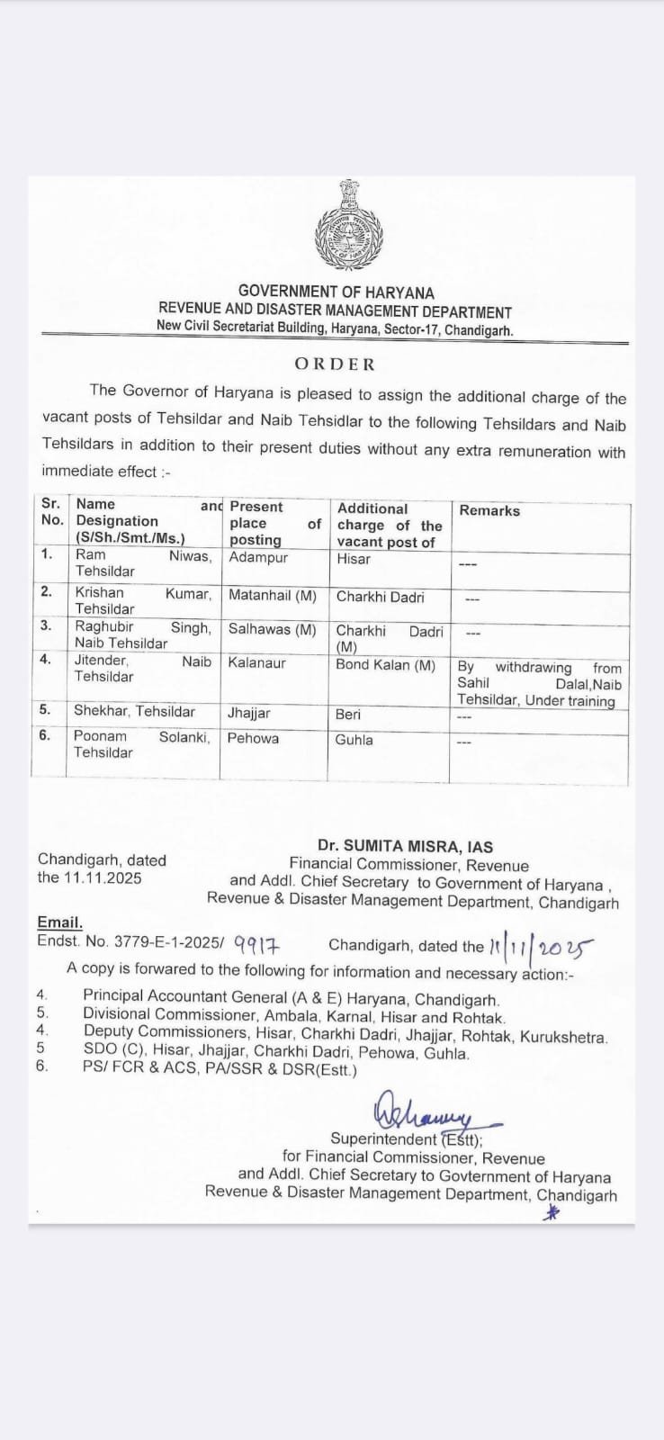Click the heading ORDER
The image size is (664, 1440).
[335, 364]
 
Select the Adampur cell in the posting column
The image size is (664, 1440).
[258, 558]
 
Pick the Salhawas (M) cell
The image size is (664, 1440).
[273, 630]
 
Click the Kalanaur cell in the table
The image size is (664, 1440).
[256, 662]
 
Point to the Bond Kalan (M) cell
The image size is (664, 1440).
[385, 665]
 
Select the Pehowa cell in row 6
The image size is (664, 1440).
[253, 738]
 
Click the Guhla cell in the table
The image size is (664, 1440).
[354, 740]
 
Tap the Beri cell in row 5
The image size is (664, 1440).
[348, 714]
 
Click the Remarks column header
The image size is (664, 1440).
[489, 510]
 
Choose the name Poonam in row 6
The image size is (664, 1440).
[100, 736]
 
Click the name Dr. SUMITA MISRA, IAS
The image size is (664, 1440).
[405, 846]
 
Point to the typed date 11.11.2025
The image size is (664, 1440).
[103, 877]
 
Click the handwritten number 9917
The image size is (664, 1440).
[257, 946]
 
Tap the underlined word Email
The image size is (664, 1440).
[59, 922]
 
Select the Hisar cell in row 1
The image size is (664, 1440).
[354, 559]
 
